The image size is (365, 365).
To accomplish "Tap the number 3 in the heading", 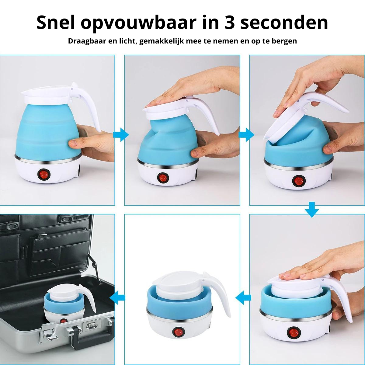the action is coord(229,23).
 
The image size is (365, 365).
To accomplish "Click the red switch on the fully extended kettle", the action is coord(44,174).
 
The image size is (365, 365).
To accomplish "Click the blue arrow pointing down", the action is coord(312,209).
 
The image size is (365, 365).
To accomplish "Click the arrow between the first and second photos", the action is coord(121,135).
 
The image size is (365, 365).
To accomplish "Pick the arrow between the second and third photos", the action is coord(246,135).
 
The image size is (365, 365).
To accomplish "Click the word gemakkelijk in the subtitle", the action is coord(162,41).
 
